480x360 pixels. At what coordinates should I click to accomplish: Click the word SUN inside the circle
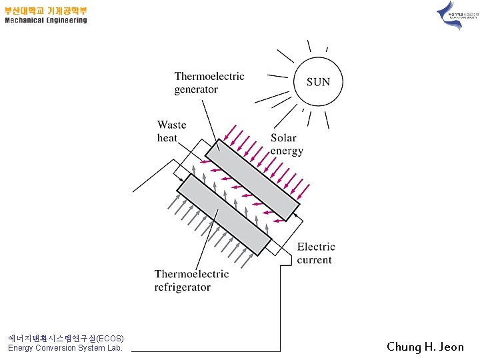pyautogui.click(x=318, y=82)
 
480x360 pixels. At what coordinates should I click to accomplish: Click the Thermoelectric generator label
pyautogui.click(x=209, y=83)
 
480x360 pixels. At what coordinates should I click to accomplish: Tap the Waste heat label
pyautogui.click(x=171, y=131)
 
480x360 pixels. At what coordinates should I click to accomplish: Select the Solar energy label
pyautogui.click(x=287, y=145)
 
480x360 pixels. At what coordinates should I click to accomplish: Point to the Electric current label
pyautogui.click(x=316, y=253)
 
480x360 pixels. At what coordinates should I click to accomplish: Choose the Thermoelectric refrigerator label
pyautogui.click(x=191, y=281)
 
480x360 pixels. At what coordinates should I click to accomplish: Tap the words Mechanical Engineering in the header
pyautogui.click(x=46, y=21)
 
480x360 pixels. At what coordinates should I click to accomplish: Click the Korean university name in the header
pyautogui.click(x=46, y=11)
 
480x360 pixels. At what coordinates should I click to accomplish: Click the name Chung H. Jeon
pyautogui.click(x=425, y=347)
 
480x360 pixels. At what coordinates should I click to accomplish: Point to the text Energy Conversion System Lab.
pyautogui.click(x=65, y=348)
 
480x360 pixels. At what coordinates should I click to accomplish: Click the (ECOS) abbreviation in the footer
pyautogui.click(x=110, y=338)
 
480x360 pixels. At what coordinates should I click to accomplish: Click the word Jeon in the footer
pyautogui.click(x=451, y=347)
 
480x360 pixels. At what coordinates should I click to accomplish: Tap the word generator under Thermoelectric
pyautogui.click(x=196, y=89)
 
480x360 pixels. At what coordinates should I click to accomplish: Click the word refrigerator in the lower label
pyautogui.click(x=183, y=287)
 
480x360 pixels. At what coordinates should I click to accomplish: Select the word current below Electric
pyautogui.click(x=315, y=260)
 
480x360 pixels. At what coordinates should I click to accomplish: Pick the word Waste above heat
pyautogui.click(x=172, y=125)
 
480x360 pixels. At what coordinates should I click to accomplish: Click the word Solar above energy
pyautogui.click(x=283, y=138)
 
